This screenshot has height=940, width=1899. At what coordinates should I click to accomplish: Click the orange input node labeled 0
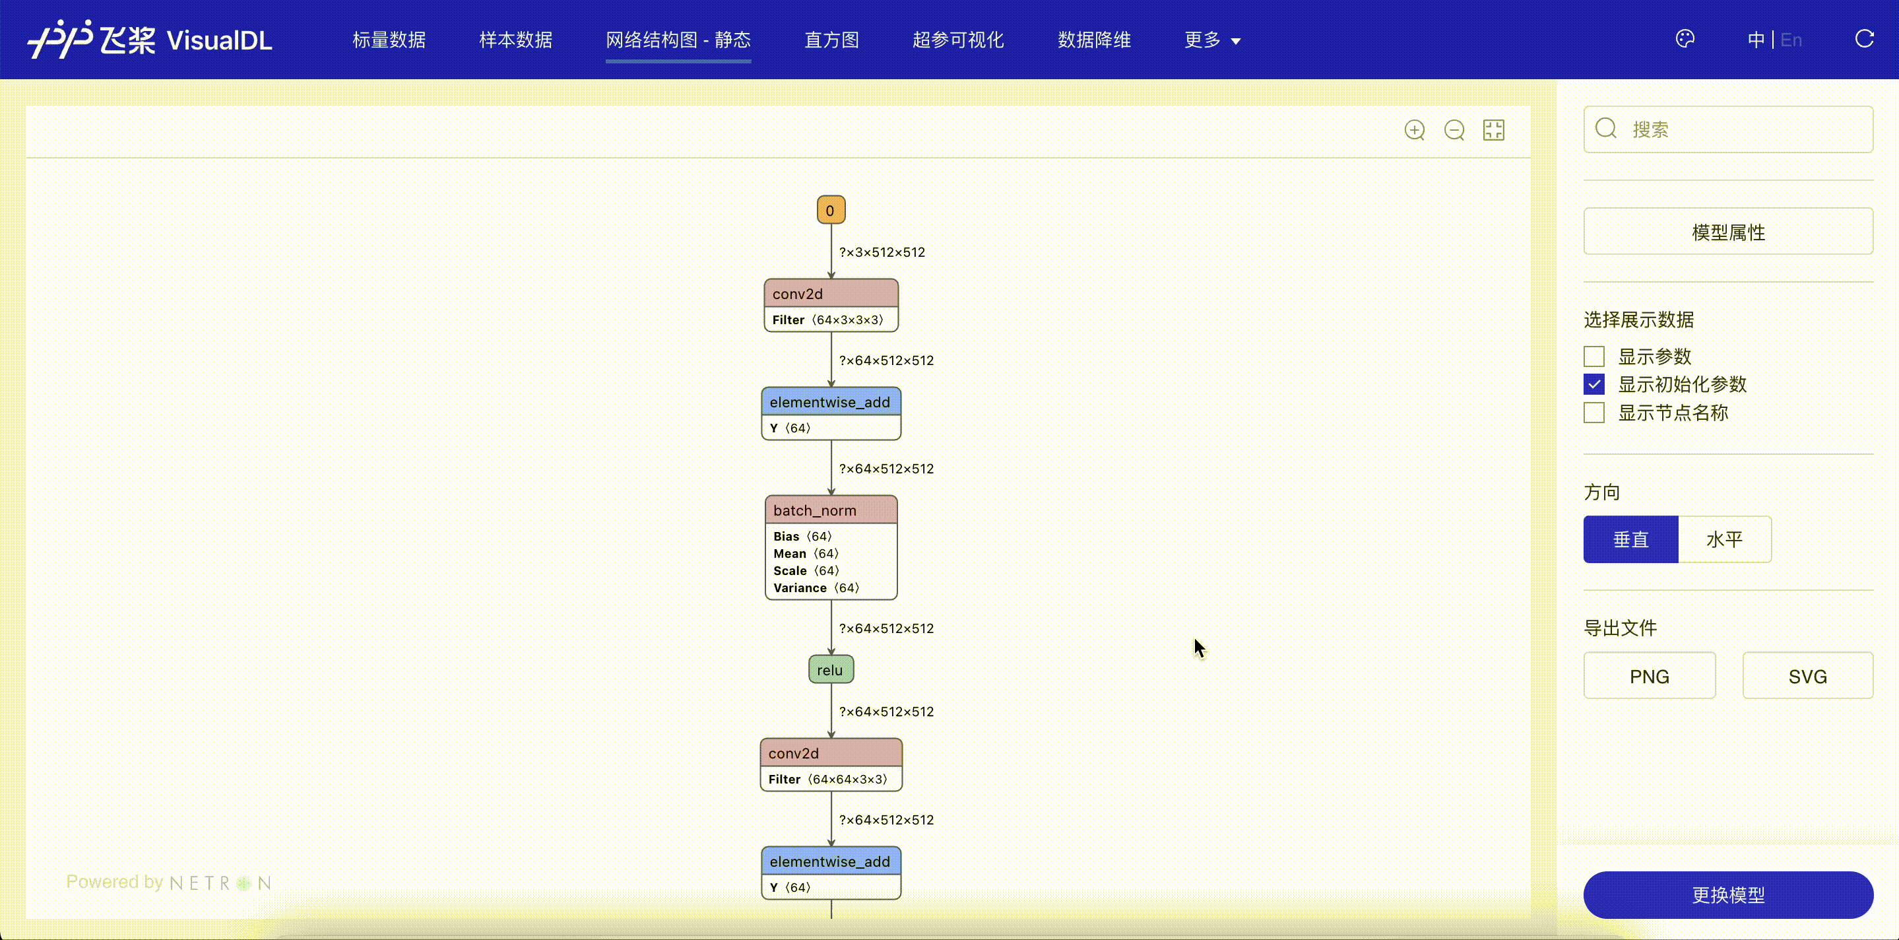tap(831, 210)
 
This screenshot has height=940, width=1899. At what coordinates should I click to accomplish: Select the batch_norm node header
tap(831, 510)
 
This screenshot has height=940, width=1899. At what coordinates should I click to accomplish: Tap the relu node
tap(831, 669)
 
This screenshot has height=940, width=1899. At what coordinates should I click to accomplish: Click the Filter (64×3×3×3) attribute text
tap(827, 320)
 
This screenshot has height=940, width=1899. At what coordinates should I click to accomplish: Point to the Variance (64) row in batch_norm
tap(816, 587)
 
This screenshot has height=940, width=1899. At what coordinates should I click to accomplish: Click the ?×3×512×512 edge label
tap(882, 252)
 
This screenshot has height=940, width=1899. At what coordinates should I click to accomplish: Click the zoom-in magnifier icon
tap(1415, 131)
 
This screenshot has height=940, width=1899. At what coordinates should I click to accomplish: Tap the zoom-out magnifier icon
tap(1454, 131)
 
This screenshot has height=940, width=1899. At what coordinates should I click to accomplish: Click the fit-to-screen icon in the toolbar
tap(1494, 131)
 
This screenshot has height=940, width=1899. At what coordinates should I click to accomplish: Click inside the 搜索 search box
tap(1728, 130)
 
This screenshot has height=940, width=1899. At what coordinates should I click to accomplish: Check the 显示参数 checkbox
tap(1593, 357)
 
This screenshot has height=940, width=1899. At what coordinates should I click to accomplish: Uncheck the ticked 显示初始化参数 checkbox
tap(1593, 384)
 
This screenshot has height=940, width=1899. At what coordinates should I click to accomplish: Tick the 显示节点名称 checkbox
tap(1593, 413)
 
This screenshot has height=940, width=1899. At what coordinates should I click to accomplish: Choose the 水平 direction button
tap(1724, 540)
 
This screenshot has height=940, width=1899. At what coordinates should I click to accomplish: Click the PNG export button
tap(1649, 676)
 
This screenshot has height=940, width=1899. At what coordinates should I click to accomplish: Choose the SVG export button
tap(1807, 676)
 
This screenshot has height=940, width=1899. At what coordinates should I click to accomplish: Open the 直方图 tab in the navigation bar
tap(831, 40)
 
